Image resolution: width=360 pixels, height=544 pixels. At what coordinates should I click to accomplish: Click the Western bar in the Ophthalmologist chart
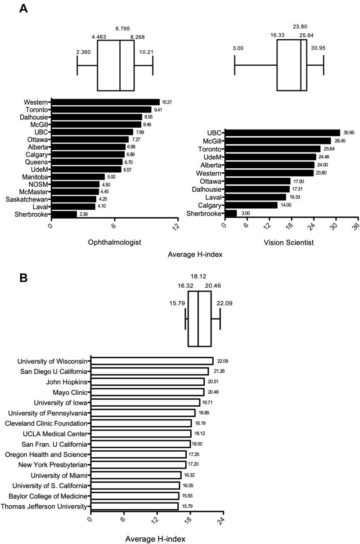105,102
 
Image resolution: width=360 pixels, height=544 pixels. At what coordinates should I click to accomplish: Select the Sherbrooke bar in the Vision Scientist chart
231,213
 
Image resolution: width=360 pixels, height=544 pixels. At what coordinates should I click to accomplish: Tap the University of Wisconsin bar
152,361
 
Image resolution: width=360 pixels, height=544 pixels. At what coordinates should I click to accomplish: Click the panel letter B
23,278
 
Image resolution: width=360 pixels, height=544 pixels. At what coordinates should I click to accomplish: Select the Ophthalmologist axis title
115,243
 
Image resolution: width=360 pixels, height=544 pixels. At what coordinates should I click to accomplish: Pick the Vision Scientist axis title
288,243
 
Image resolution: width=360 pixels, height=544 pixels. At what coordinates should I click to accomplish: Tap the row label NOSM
39,184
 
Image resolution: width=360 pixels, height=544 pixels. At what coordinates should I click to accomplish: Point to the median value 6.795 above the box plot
123,28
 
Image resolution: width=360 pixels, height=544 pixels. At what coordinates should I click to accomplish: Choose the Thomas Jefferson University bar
135,506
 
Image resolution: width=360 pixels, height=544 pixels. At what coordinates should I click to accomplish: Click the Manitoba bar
78,177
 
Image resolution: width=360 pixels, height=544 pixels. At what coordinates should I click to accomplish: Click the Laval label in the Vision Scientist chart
213,197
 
